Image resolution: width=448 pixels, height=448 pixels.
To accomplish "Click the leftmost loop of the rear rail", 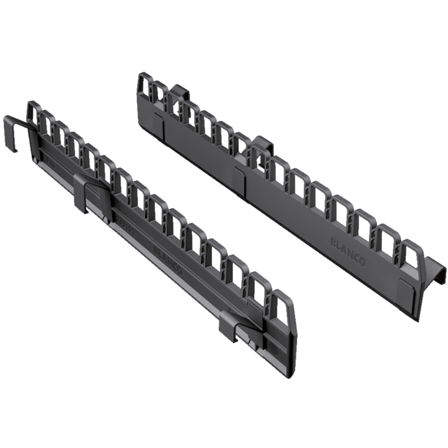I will pyautogui.click(x=143, y=89).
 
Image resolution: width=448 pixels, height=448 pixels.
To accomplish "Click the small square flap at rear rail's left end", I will pyautogui.click(x=159, y=131).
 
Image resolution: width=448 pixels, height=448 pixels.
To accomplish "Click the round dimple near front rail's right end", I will pyautogui.click(x=271, y=346).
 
